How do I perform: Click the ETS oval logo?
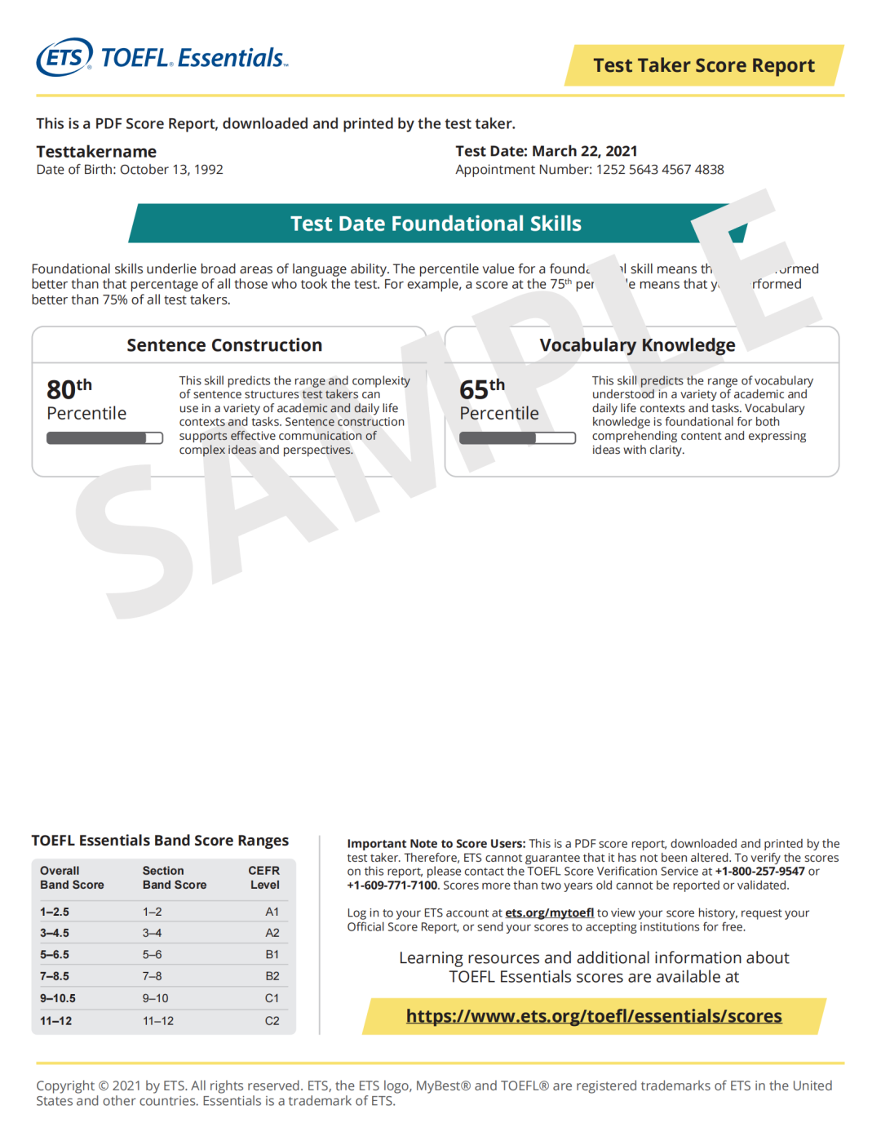(x=64, y=57)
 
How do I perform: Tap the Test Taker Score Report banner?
(x=703, y=65)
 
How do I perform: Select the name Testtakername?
(x=96, y=152)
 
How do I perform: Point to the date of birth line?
(x=130, y=170)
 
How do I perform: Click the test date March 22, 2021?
(x=584, y=151)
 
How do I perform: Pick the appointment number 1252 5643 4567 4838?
(x=660, y=170)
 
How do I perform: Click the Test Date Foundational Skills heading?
(x=436, y=224)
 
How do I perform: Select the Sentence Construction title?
(x=224, y=345)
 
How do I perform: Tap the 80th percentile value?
(x=69, y=388)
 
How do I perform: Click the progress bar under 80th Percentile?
(x=104, y=438)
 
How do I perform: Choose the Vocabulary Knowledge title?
(x=637, y=345)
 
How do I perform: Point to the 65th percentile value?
(x=481, y=388)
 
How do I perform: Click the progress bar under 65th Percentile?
(x=517, y=438)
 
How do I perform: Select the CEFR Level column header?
(x=264, y=877)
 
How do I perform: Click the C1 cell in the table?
(x=272, y=998)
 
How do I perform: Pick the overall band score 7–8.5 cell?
(x=55, y=976)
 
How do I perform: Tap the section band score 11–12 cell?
(x=158, y=1021)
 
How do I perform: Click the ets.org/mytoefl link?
(x=549, y=913)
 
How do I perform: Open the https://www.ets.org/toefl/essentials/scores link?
(x=594, y=1016)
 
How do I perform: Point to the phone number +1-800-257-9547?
(x=759, y=872)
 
